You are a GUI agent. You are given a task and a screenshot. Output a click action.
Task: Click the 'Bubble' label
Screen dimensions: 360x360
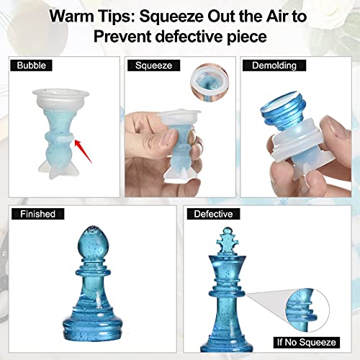pos(30,66)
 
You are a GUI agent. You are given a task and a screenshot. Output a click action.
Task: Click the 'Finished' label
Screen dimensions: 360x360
pos(36,215)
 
